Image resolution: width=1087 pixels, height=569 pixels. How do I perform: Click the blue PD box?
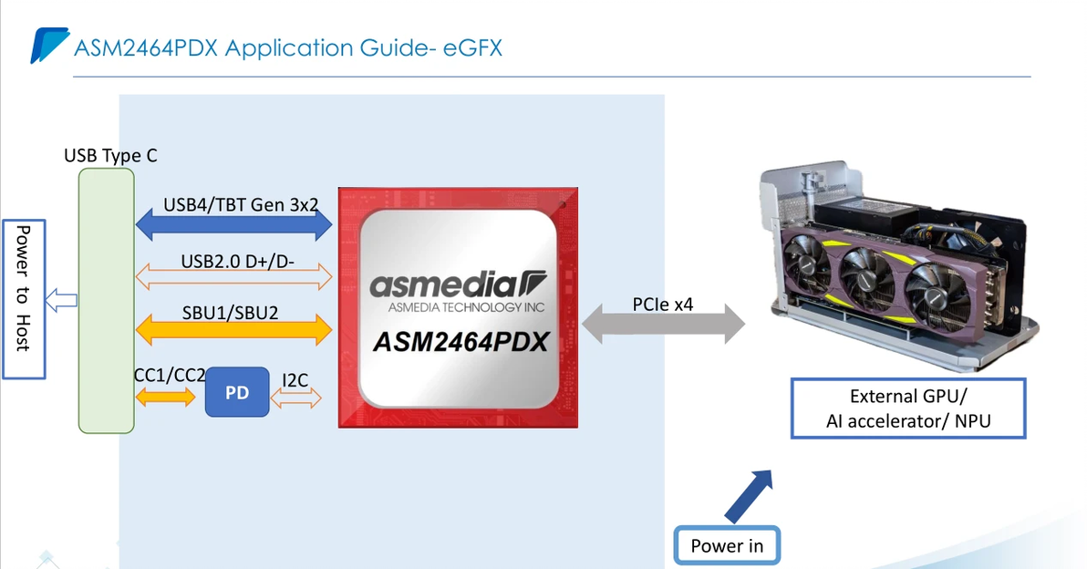tap(237, 392)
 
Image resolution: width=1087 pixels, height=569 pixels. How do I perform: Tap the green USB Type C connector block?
tap(107, 300)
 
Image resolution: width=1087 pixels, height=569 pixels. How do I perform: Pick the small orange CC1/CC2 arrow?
tap(165, 397)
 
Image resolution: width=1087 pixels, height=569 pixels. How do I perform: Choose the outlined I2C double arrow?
tap(297, 397)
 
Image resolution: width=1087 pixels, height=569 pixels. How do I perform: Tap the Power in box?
tap(727, 545)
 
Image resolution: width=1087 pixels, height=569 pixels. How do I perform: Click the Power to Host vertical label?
tap(24, 286)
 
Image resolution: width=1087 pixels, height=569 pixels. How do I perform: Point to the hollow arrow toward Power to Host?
tap(63, 298)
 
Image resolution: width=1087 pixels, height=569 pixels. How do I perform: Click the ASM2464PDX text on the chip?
tap(461, 342)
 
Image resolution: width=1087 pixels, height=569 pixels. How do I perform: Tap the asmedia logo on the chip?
tap(457, 285)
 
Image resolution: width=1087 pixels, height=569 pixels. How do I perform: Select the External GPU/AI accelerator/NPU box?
tap(907, 409)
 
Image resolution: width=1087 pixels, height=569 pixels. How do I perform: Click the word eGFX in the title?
tap(472, 47)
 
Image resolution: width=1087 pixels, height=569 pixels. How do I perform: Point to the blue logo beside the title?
tap(47, 45)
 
